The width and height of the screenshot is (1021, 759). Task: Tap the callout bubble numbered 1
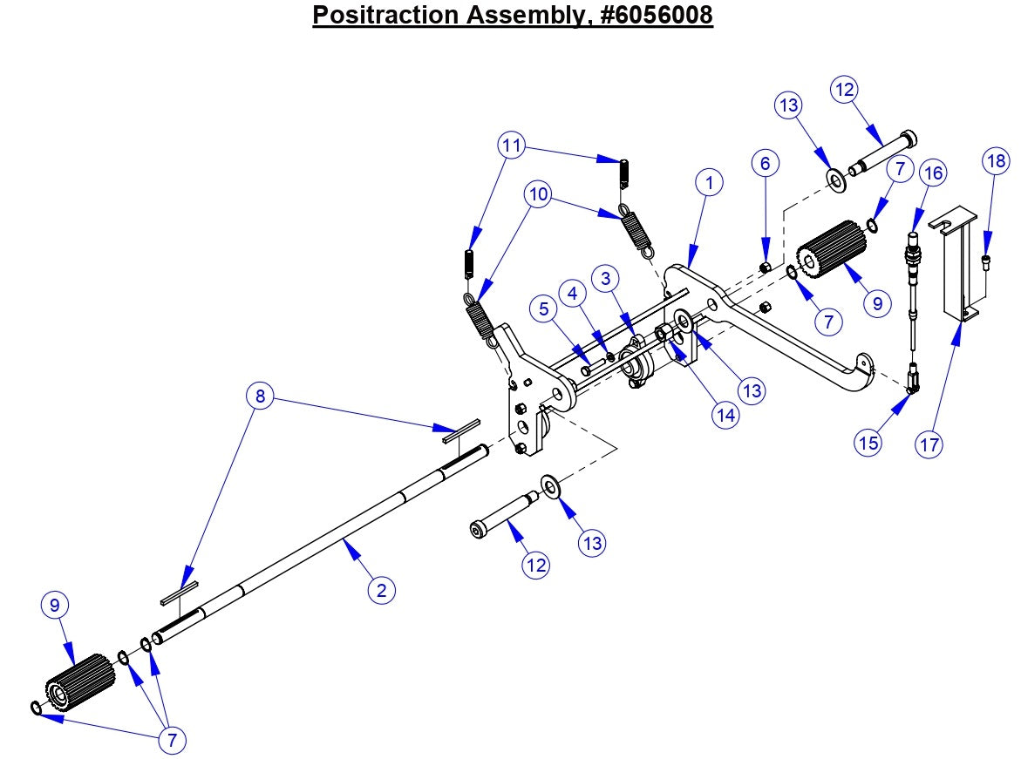point(710,183)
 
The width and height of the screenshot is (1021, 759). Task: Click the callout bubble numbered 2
point(380,590)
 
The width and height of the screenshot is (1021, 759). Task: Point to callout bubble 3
point(606,279)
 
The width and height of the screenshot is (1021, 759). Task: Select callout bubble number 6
point(765,163)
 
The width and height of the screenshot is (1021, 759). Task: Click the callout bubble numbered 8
point(260,396)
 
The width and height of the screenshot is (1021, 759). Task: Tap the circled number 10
point(539,195)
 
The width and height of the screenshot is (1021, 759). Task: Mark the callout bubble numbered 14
point(725,415)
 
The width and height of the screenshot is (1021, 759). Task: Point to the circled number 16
point(933,173)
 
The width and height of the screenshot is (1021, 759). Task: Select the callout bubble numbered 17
point(930,444)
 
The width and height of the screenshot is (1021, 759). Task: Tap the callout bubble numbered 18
point(996,160)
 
